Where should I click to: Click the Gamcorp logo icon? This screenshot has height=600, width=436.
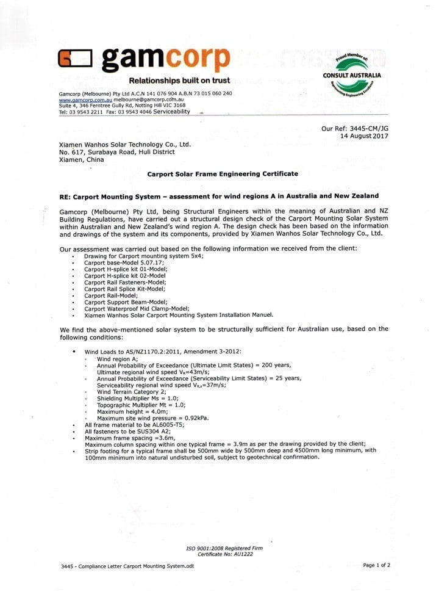click(74, 59)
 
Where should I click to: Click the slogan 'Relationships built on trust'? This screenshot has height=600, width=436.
click(179, 81)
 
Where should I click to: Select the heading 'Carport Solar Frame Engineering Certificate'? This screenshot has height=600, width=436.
click(223, 174)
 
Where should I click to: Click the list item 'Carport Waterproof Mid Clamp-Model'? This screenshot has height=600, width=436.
click(137, 309)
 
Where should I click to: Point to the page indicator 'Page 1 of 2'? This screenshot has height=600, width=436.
click(377, 565)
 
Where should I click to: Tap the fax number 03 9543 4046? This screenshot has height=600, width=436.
click(136, 112)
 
